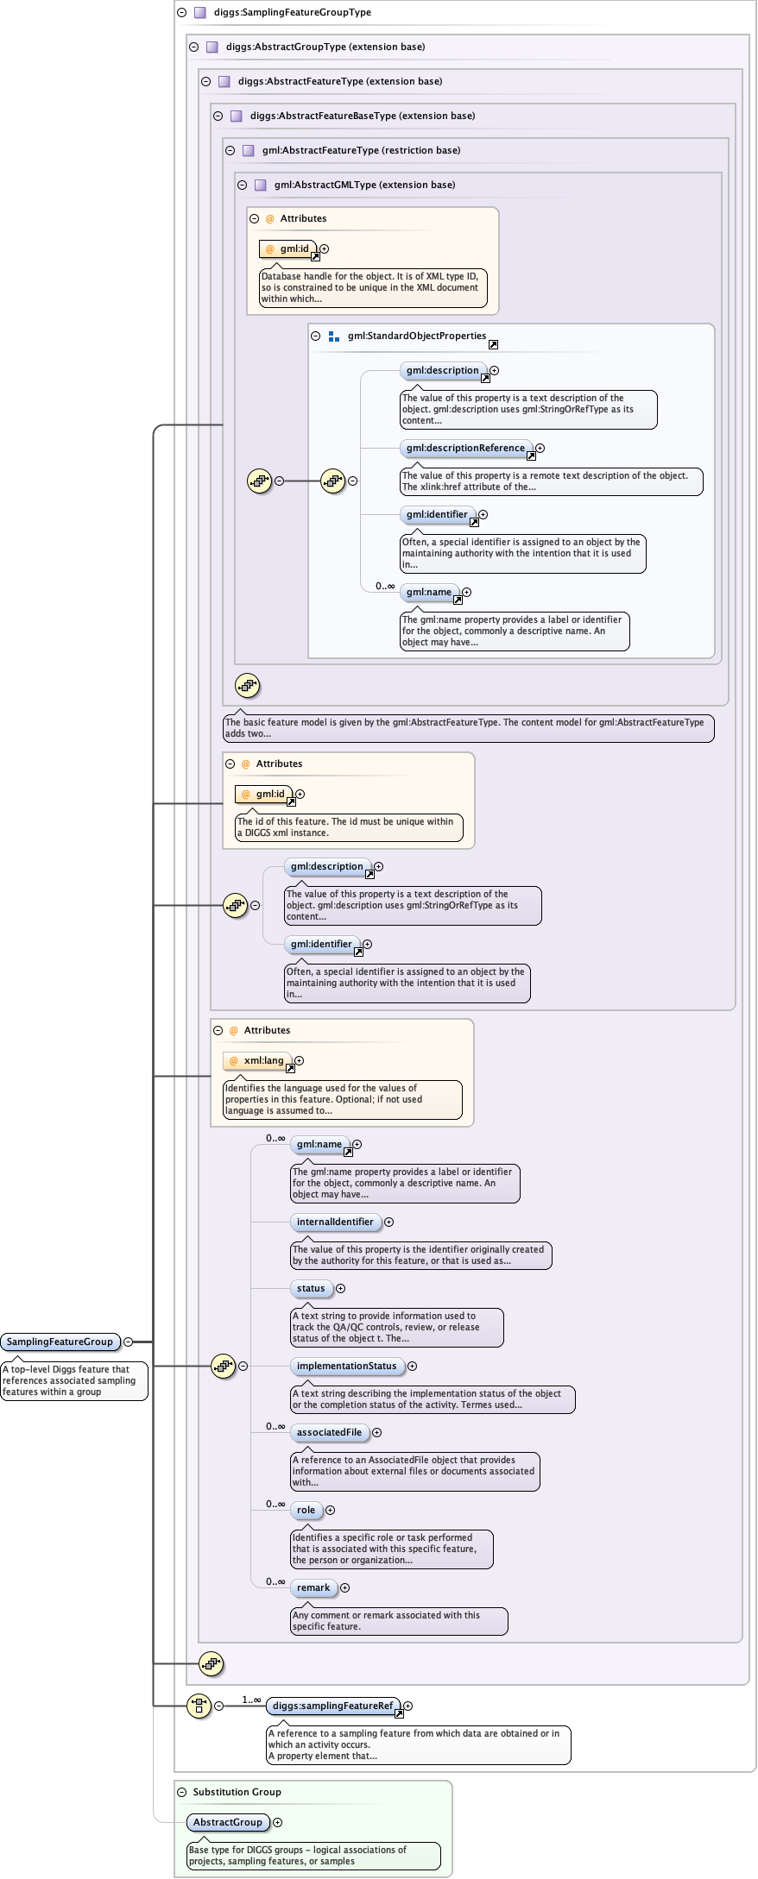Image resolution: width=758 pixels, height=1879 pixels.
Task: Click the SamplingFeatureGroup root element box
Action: (60, 1342)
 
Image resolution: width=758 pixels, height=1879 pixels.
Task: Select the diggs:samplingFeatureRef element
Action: (332, 1706)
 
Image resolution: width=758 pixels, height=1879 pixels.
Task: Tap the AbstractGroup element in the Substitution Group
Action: (228, 1822)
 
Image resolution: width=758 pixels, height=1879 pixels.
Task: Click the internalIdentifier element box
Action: (335, 1222)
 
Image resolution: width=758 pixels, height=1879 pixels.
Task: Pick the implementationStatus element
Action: (346, 1366)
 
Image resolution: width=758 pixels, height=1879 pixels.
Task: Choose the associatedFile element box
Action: (329, 1432)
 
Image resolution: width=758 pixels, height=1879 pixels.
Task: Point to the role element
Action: (306, 1510)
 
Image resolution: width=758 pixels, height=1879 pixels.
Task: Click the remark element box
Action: (313, 1587)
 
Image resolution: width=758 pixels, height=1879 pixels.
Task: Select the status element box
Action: (311, 1288)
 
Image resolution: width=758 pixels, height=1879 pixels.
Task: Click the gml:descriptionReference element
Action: (465, 448)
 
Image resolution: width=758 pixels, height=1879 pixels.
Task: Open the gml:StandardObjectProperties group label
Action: (417, 336)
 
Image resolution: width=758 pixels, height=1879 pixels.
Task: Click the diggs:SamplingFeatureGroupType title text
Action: (293, 12)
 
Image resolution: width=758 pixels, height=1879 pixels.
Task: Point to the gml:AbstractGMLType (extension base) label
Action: (364, 185)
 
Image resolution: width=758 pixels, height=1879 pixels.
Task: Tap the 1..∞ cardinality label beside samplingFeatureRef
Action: (251, 1700)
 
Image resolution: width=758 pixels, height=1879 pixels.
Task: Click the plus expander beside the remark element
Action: (344, 1587)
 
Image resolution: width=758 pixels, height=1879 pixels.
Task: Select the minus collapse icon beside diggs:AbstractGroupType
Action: (193, 47)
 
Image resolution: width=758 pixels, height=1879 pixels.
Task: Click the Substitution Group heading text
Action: (237, 1792)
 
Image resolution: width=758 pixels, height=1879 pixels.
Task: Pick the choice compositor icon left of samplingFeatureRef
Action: (199, 1706)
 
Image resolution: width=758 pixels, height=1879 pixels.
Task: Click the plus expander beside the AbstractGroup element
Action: (277, 1822)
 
